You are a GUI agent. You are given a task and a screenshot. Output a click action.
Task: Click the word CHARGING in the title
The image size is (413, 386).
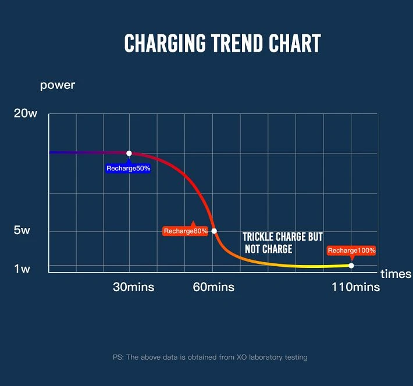click(165, 43)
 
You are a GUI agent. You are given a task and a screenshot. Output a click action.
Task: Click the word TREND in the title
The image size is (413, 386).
click(237, 43)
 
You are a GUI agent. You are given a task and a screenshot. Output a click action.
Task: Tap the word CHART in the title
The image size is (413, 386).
click(295, 43)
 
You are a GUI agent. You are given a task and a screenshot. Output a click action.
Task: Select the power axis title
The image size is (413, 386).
click(58, 85)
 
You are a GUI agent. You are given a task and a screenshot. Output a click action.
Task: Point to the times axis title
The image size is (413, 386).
click(396, 274)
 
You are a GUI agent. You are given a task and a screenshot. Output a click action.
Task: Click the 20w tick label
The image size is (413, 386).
click(26, 113)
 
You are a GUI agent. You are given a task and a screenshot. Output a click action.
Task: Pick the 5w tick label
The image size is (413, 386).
click(22, 230)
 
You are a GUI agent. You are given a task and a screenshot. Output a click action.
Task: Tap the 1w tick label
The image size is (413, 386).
click(22, 269)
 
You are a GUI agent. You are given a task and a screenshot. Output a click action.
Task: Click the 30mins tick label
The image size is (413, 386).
click(134, 287)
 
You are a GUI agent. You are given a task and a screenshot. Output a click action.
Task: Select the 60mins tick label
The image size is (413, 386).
click(213, 287)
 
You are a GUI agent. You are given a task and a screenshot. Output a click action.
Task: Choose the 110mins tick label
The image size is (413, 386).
click(356, 287)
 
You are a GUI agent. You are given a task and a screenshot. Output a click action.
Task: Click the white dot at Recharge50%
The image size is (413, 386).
click(129, 153)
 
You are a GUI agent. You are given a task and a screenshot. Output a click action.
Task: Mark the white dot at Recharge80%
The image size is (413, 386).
click(214, 231)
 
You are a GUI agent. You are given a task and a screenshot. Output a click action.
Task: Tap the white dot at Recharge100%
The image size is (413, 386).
click(351, 266)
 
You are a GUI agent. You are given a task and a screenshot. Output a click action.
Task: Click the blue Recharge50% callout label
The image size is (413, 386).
click(129, 168)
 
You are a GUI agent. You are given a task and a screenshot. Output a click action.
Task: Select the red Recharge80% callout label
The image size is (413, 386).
click(186, 231)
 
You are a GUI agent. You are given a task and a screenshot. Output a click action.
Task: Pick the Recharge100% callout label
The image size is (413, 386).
click(351, 251)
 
